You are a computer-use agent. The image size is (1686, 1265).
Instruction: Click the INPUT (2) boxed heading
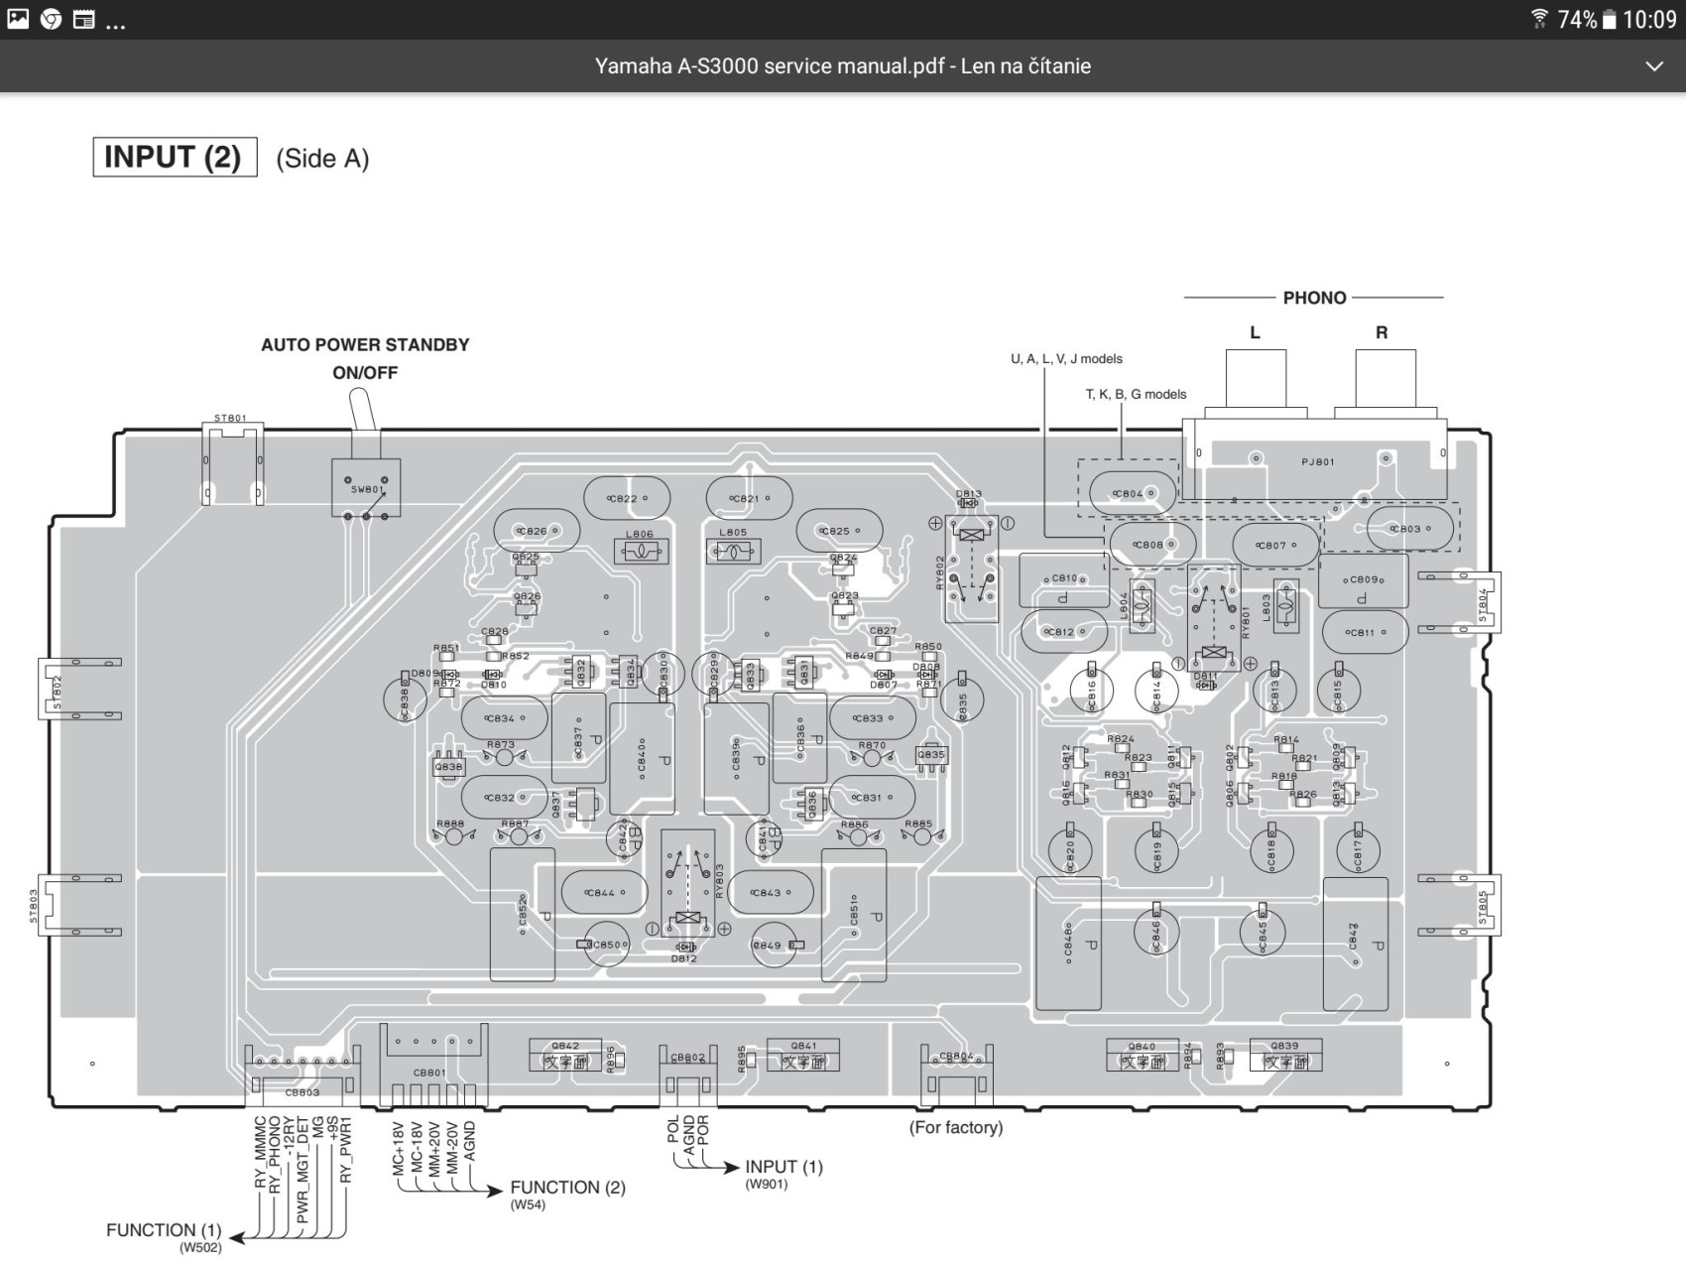point(174,157)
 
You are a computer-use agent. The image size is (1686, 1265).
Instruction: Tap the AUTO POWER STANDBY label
point(364,345)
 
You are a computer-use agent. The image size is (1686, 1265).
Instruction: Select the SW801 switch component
point(366,488)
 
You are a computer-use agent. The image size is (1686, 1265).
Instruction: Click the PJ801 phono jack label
point(1318,461)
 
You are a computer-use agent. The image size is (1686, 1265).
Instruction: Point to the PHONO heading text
point(1314,298)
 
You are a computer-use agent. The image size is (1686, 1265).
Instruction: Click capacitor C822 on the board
point(625,498)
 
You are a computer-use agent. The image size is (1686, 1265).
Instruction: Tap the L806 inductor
point(641,551)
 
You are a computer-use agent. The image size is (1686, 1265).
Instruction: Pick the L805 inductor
point(734,550)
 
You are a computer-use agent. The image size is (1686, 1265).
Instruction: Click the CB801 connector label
point(429,1073)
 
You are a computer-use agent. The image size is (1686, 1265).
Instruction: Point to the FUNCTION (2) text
point(567,1188)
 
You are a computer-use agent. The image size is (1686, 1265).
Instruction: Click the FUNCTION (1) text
point(164,1230)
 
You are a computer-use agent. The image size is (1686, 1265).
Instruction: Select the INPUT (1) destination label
point(783,1167)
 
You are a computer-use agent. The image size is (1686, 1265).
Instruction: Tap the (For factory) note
point(956,1127)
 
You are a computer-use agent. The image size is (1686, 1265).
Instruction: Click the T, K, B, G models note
point(1136,394)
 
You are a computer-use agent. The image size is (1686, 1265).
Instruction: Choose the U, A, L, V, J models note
point(1066,359)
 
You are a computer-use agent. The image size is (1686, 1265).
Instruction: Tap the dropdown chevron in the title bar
point(1653,66)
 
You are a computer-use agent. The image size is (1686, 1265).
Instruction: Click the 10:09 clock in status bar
point(1649,20)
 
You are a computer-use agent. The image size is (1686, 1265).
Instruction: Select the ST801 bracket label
point(230,419)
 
